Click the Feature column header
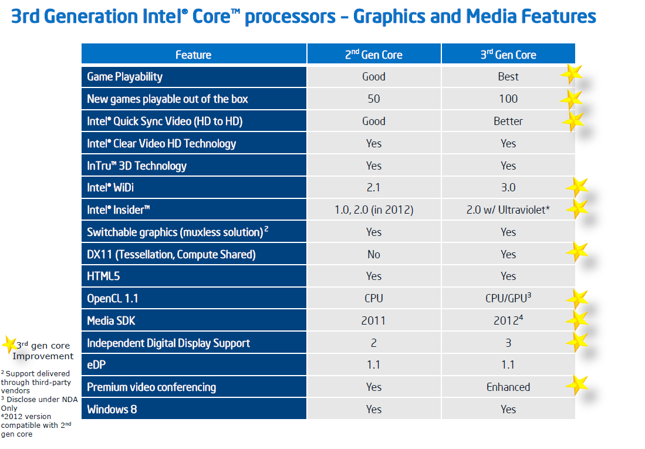pos(193,55)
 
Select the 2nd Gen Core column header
pos(373,55)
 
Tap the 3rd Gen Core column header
pos(508,55)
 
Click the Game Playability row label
pos(124,77)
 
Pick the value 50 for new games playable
pos(373,99)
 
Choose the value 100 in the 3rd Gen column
pos(508,99)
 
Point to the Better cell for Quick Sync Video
pos(508,121)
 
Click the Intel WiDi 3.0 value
pos(508,188)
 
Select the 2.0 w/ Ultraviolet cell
pos(508,210)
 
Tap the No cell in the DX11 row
pos(373,254)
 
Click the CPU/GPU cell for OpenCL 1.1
pos(508,298)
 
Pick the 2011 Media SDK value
pos(373,320)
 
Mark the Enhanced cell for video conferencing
pos(508,387)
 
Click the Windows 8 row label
pos(112,409)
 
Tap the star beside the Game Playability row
pos(572,75)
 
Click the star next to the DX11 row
pos(578,252)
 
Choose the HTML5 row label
pos(104,276)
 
